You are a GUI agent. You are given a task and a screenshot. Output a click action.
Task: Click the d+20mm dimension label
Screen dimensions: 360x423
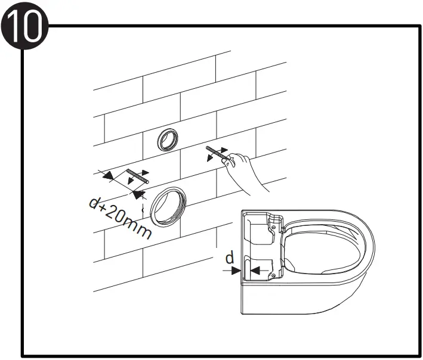(120, 218)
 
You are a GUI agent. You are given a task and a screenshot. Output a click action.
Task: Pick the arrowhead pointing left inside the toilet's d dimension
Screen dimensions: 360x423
(255, 270)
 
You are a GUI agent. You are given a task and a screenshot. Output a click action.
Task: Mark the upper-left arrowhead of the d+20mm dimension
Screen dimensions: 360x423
(108, 175)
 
